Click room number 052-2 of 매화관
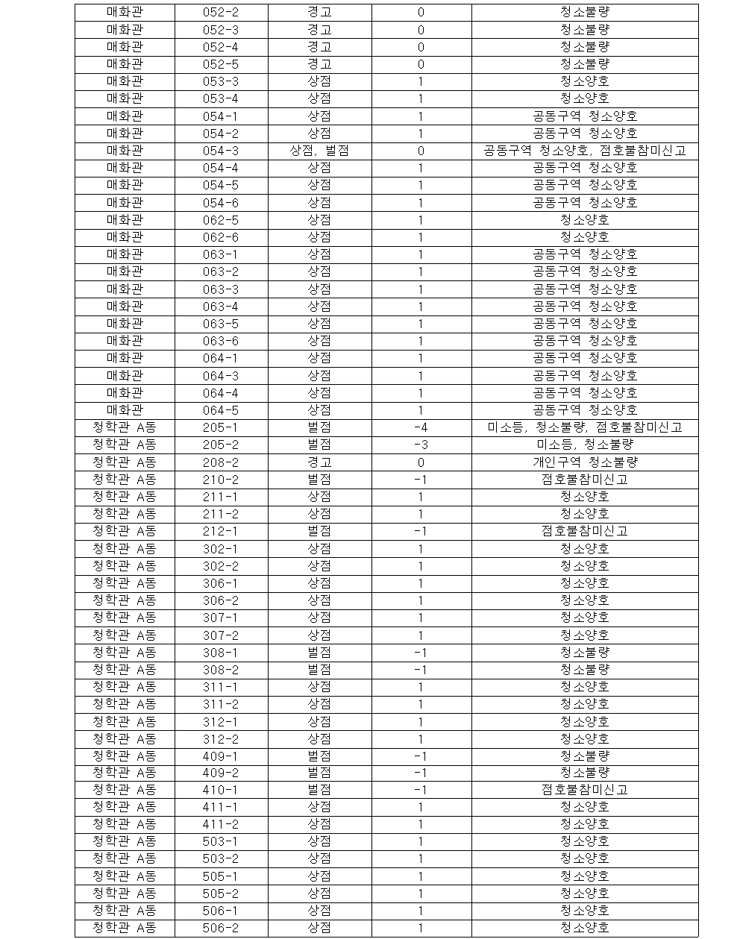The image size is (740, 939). (220, 13)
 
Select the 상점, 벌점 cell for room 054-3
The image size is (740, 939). (319, 151)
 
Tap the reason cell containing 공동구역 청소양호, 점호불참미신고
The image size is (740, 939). (584, 151)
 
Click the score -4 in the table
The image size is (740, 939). (421, 427)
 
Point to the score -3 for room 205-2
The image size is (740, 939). (421, 445)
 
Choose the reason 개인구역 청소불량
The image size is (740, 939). (584, 462)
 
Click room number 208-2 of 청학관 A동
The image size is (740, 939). (220, 462)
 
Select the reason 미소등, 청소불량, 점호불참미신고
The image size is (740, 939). (584, 427)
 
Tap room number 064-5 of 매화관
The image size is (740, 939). (220, 409)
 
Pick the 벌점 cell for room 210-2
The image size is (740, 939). (319, 480)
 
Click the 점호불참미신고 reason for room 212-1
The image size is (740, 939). (584, 531)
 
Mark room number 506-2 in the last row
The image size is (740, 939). (220, 928)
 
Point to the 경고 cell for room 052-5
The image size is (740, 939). (319, 64)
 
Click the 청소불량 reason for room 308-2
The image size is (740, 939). (584, 670)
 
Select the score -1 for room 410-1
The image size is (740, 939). (421, 790)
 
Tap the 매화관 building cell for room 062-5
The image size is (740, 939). (125, 220)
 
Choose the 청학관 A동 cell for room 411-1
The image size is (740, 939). (125, 807)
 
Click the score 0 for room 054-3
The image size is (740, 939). (421, 151)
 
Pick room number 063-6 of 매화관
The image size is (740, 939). (220, 341)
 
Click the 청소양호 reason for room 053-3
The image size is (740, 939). (584, 81)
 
